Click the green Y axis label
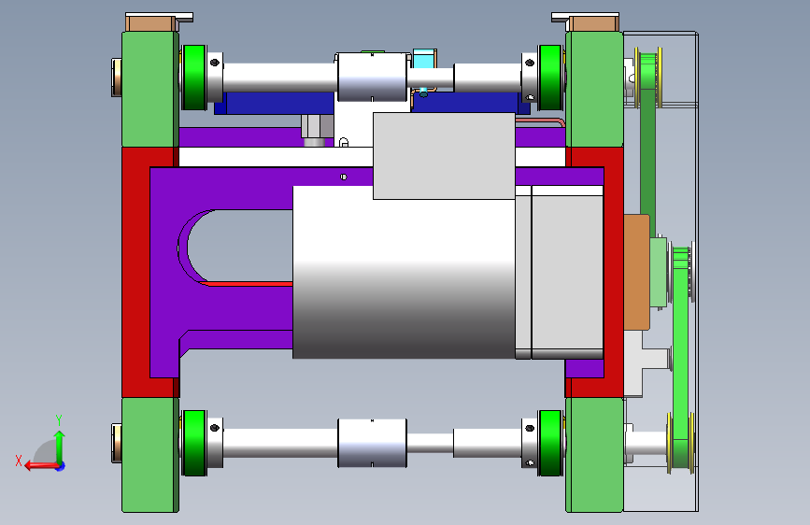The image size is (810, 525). coord(59,419)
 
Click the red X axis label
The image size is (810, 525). coord(19,461)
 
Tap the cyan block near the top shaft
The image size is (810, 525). coord(425,59)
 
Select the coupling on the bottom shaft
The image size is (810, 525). coord(372,443)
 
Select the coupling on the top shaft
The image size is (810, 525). coord(372,77)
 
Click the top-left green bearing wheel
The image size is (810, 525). coord(194,78)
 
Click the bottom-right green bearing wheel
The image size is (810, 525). coord(550,443)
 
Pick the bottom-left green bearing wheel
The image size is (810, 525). coord(194,443)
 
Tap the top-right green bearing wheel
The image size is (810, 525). coord(550,78)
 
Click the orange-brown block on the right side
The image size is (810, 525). coord(636,273)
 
